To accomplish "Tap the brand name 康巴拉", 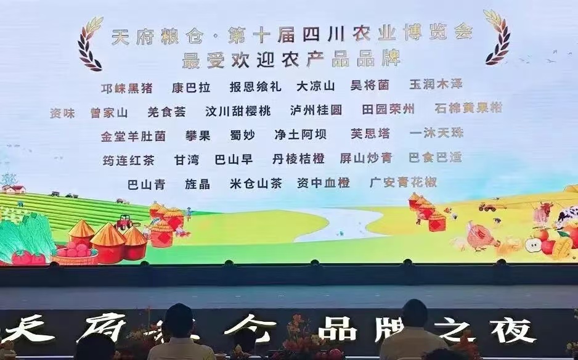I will [191, 88].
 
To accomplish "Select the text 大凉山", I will [315, 86].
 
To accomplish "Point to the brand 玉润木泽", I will [436, 84].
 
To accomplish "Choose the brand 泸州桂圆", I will [316, 110].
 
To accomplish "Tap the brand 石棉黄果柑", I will [468, 108].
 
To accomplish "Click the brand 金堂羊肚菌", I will [133, 136].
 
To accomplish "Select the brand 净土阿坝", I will [301, 135].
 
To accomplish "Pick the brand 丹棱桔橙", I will [298, 159].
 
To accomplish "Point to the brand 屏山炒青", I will [365, 158].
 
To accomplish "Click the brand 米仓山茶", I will [256, 183].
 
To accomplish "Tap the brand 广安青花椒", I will [403, 182].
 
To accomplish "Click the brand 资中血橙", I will [323, 182].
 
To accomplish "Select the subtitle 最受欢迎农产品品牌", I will [291, 59].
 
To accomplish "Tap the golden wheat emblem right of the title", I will [497, 37].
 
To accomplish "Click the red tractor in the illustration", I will [123, 222].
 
